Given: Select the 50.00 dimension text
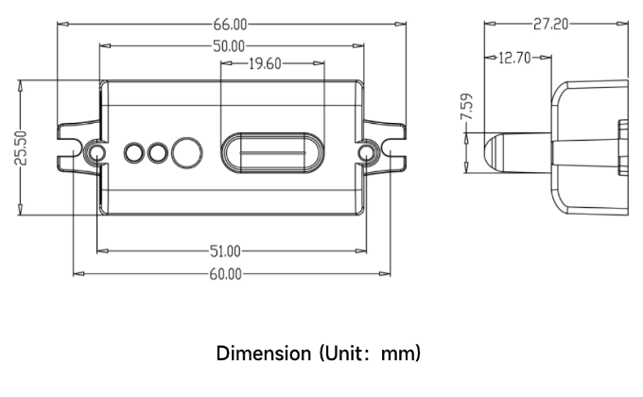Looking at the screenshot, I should (230, 44).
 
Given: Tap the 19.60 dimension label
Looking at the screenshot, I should (266, 64).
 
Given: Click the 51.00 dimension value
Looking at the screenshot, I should (225, 251).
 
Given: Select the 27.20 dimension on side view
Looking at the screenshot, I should (550, 24).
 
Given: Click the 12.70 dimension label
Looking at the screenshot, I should (515, 59).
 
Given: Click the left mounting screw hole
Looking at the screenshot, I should (94, 152).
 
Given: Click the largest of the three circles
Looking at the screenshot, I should (189, 151).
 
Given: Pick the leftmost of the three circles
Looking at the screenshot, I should (133, 151).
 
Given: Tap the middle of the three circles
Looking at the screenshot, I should (157, 151).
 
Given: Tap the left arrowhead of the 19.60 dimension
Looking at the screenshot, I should (224, 64).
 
